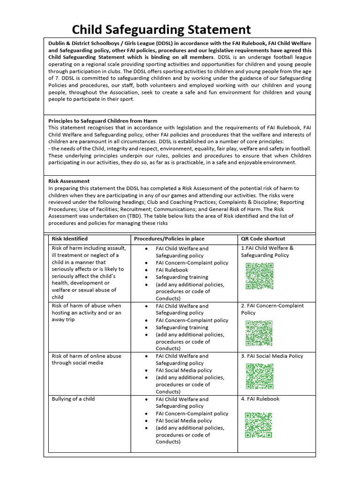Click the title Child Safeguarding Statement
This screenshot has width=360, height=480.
tap(161, 30)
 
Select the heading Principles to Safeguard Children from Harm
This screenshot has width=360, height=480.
tap(103, 120)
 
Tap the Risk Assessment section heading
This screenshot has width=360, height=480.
tap(69, 181)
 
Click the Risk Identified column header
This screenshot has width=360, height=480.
tap(69, 239)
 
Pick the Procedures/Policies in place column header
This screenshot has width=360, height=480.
tap(169, 239)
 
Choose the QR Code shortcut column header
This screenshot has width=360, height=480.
tap(263, 239)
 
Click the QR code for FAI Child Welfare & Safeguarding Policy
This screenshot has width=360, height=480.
tap(259, 276)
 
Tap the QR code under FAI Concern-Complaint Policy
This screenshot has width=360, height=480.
tap(259, 333)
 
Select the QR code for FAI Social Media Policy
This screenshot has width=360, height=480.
tap(259, 376)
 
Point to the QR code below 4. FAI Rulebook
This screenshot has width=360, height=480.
tap(258, 425)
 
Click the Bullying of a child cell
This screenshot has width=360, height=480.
tap(73, 399)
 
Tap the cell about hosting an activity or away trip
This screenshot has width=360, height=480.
tap(86, 312)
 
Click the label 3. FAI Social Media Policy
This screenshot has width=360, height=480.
tap(272, 356)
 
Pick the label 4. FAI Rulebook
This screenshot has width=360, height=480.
tap(260, 399)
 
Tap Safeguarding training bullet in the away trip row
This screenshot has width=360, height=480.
tap(182, 327)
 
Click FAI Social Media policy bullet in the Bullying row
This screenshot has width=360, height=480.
tap(184, 420)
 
